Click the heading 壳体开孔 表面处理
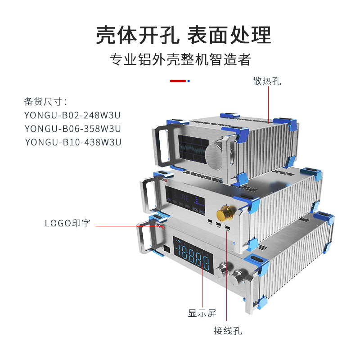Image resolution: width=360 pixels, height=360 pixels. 184,35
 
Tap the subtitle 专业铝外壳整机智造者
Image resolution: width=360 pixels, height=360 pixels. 180,59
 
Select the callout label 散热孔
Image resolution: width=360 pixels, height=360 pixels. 267,81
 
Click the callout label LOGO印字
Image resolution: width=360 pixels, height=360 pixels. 67,223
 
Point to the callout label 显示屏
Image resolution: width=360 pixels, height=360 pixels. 202,313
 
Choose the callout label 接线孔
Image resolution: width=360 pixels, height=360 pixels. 228,331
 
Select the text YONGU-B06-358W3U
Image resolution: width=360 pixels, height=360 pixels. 73,128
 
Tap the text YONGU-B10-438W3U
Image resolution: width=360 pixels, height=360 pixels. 73,142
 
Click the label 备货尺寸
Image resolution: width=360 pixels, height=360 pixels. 45,101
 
